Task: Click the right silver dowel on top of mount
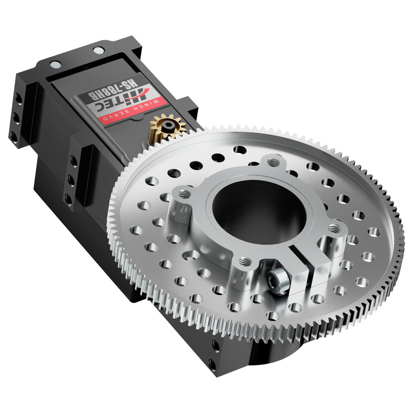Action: [98, 50]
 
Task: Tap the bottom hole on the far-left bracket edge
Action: [14, 136]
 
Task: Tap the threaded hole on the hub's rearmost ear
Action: [273, 163]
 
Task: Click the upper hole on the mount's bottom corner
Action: [216, 345]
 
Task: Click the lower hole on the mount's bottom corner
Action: [212, 366]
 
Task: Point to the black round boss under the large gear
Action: [276, 353]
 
